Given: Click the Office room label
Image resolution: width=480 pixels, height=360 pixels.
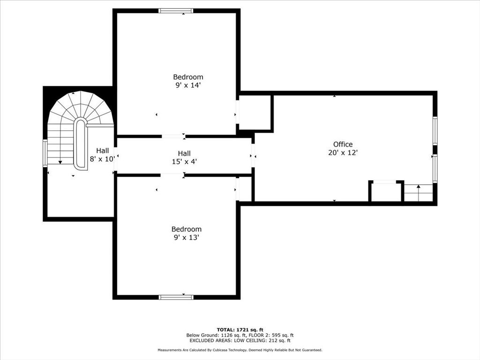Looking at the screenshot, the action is [x=343, y=144].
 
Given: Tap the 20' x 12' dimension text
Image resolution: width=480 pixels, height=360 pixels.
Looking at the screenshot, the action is [x=343, y=152].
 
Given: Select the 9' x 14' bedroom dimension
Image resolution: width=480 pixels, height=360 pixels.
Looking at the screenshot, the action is [x=188, y=85].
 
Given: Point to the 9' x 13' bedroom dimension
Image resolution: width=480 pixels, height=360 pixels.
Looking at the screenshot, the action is [x=187, y=237].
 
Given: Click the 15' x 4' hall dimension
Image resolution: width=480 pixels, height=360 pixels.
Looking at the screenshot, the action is [x=184, y=161].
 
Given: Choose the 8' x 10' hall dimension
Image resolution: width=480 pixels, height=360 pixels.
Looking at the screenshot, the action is [x=102, y=159].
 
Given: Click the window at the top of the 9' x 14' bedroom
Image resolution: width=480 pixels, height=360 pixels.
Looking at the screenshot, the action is [x=176, y=11].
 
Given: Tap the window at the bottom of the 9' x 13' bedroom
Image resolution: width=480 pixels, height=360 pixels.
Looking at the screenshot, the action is [x=176, y=297].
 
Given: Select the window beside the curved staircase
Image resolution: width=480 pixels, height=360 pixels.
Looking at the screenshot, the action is [x=45, y=153].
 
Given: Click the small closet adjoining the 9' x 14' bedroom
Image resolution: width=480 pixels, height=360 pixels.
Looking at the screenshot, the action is [x=255, y=112].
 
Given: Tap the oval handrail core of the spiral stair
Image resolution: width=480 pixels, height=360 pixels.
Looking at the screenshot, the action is [x=81, y=143].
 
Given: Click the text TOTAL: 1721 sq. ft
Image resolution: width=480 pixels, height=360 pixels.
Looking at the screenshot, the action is [x=240, y=330].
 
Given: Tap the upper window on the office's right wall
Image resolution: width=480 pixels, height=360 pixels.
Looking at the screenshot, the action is [x=435, y=131].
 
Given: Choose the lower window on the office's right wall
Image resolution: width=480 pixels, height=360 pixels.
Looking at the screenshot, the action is [x=435, y=169].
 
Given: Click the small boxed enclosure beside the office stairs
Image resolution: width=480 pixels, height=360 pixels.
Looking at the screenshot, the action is [x=386, y=192].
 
